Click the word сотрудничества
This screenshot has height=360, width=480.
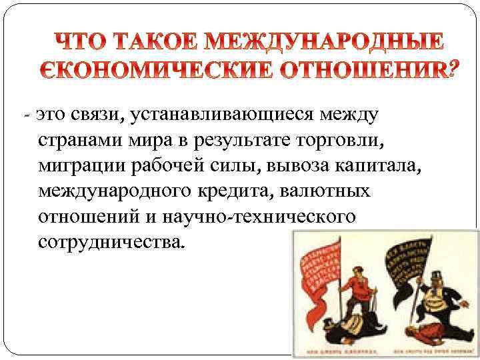[109, 242]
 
